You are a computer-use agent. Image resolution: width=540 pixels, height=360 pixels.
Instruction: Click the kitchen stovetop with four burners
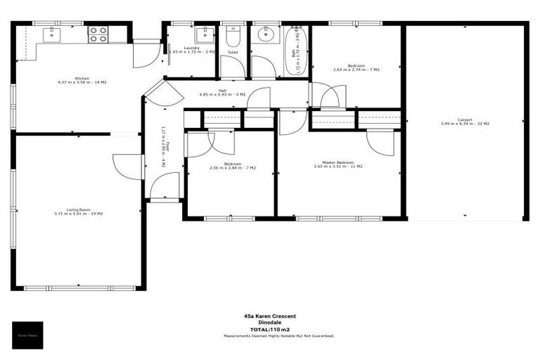pyautogui.click(x=97, y=34)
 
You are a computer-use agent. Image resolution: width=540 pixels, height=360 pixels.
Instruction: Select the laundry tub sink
pyautogui.click(x=205, y=34)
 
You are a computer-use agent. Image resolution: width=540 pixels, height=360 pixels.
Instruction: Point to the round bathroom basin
pyautogui.click(x=266, y=34)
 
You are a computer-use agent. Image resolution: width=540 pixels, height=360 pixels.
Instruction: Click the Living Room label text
pyautogui.click(x=78, y=211)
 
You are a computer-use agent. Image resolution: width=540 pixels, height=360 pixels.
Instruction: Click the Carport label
pyautogui.click(x=465, y=121)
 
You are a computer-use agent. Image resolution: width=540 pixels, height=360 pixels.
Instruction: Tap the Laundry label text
pyautogui.click(x=191, y=49)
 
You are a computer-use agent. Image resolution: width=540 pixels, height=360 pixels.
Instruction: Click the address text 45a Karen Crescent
pyautogui.click(x=269, y=316)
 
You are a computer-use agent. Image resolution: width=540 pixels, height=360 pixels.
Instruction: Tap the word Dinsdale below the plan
pyautogui.click(x=269, y=323)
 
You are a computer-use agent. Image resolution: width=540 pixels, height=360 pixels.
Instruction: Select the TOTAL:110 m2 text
pyautogui.click(x=269, y=329)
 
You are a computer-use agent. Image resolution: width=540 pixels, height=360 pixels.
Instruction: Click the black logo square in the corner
pyautogui.click(x=31, y=335)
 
